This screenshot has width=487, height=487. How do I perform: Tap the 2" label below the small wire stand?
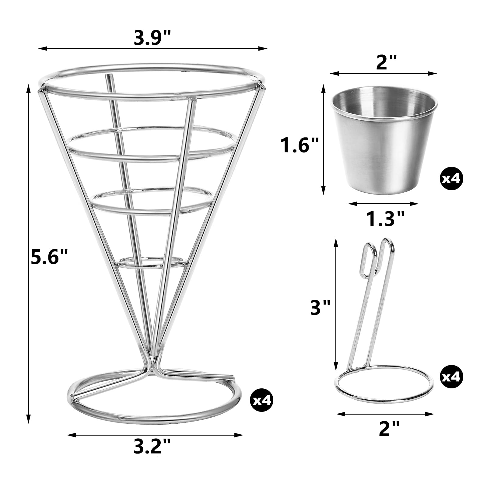(385, 429)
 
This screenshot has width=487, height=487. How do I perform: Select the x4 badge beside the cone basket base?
(261, 400)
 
